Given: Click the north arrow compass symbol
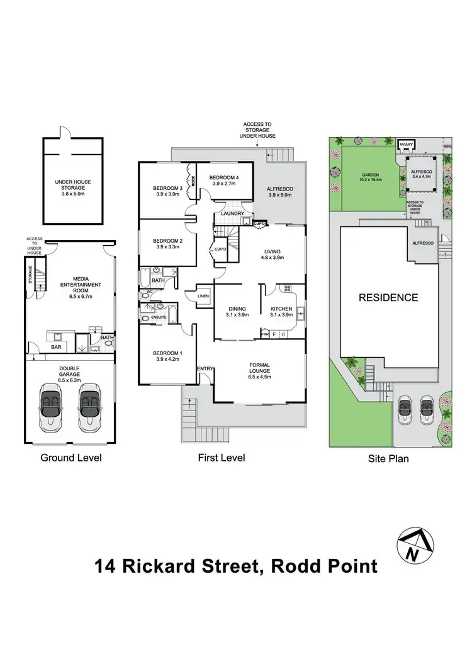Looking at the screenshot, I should click(x=413, y=544).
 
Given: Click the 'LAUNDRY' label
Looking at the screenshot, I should click(x=231, y=214).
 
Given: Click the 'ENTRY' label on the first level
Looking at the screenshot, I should click(x=205, y=368).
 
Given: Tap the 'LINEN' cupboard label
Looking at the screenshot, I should click(x=203, y=296).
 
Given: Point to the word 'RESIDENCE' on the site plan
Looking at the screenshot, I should click(x=388, y=297).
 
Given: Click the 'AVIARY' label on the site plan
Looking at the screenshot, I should click(x=406, y=145).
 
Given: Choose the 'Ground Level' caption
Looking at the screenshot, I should click(x=70, y=458).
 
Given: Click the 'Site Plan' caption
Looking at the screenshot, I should click(x=388, y=458).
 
